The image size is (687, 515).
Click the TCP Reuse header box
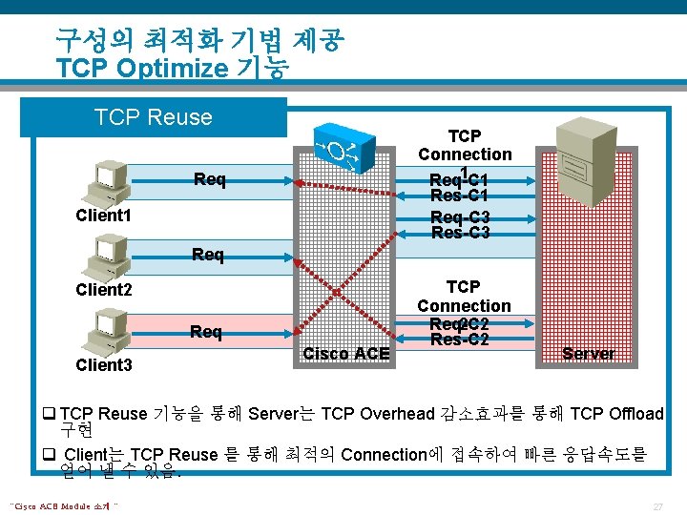pyautogui.click(x=153, y=117)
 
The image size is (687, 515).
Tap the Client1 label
pyautogui.click(x=103, y=216)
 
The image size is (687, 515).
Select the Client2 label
pyautogui.click(x=103, y=290)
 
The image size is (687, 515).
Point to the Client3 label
pyautogui.click(x=103, y=365)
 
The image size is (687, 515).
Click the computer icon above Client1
pyautogui.click(x=108, y=182)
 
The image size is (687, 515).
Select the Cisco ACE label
pyautogui.click(x=345, y=354)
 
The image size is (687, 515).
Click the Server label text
pyautogui.click(x=588, y=354)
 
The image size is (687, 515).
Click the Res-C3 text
pyautogui.click(x=460, y=233)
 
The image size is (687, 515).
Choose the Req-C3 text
pyautogui.click(x=460, y=217)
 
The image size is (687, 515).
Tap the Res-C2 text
pyautogui.click(x=460, y=340)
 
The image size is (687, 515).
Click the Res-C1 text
pyautogui.click(x=460, y=196)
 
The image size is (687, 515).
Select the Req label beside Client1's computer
pyautogui.click(x=209, y=179)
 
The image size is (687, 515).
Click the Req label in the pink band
pyautogui.click(x=206, y=332)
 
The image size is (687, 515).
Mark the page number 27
pyautogui.click(x=657, y=505)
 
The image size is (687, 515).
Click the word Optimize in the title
pyautogui.click(x=166, y=69)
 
